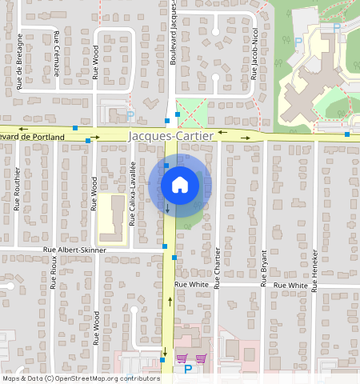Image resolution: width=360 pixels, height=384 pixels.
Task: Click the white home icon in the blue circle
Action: pos(180,185)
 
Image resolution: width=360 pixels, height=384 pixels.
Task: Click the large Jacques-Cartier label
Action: pos(171,137)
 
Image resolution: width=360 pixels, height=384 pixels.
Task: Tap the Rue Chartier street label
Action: pos(218,268)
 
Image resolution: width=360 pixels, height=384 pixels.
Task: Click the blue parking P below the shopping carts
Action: pos(188,370)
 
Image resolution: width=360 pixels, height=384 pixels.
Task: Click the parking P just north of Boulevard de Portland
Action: pos(130,115)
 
